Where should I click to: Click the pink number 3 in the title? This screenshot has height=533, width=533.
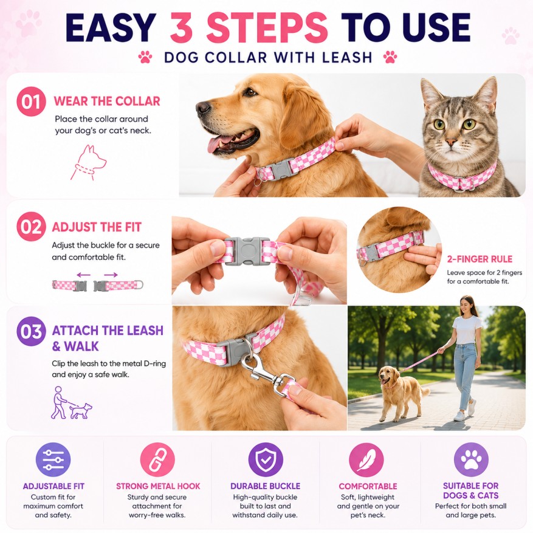pos(181,28)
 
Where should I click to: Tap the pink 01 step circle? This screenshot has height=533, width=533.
pos(31,101)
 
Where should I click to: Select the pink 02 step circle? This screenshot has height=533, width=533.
pos(31,227)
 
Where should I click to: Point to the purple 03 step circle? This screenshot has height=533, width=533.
pos(31,331)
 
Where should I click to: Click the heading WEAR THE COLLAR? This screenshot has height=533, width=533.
pos(107,101)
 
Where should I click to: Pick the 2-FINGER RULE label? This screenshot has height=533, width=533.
pos(480,259)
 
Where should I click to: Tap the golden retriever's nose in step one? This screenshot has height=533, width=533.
pos(203,108)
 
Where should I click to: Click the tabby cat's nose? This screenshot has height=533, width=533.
pos(451,142)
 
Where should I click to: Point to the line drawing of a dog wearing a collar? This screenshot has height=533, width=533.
pos(88,162)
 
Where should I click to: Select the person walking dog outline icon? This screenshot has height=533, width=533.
pos(71,402)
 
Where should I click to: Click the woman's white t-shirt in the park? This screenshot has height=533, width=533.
pos(466,329)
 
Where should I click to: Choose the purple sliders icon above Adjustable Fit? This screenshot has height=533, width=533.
pos(53,459)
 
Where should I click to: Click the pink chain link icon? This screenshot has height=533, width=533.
pos(157,459)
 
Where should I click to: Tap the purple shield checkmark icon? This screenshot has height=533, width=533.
pos(266,459)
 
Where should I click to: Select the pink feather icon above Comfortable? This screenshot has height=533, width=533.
pos(366,459)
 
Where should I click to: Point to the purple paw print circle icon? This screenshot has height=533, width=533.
pos(471,459)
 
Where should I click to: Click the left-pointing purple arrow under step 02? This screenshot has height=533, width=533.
pos(84,275)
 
